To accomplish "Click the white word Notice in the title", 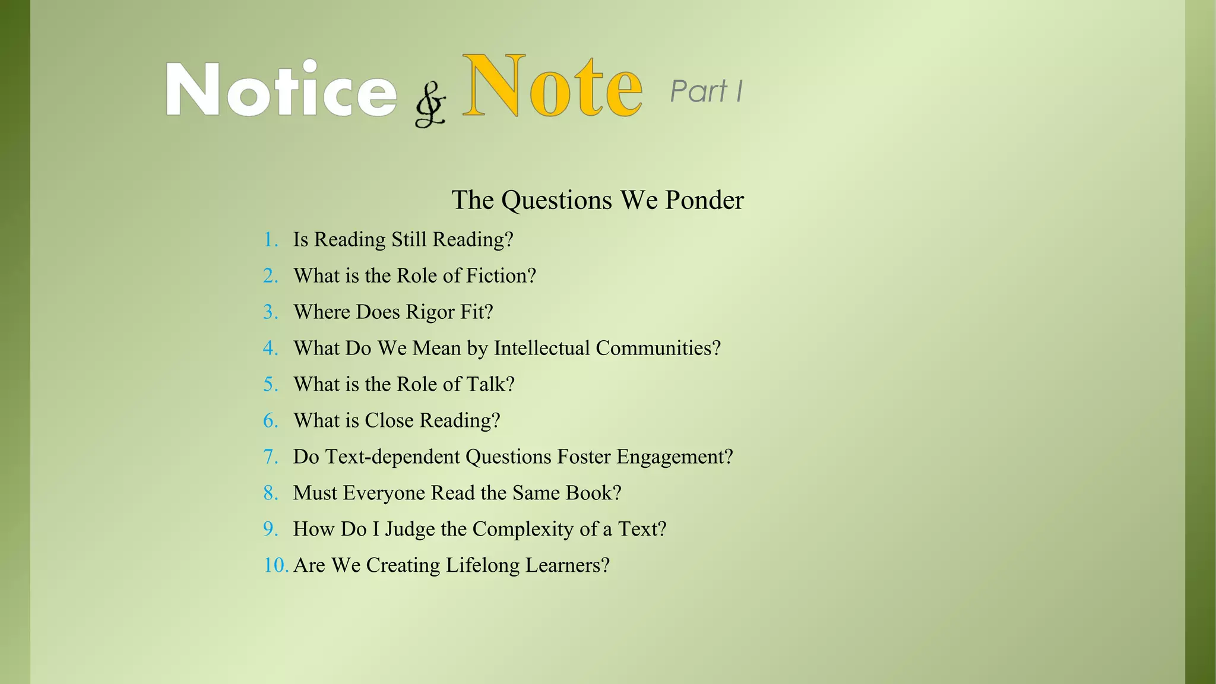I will [281, 89].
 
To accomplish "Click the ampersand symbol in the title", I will [430, 107].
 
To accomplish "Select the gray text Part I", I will [706, 91].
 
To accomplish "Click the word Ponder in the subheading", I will [704, 200].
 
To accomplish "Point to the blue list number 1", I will [271, 240].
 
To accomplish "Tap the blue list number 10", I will [275, 565].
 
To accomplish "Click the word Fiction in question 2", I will [501, 275].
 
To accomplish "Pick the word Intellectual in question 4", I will [541, 348].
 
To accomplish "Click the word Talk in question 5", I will [490, 384].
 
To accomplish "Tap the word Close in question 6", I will [389, 420].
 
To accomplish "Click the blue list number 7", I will [271, 457].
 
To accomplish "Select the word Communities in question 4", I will [657, 348].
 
